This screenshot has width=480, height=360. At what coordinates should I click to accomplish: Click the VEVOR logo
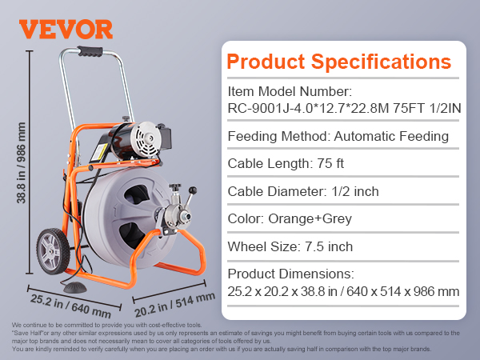(x=66, y=29)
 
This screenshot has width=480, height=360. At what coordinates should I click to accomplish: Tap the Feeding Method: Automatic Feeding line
(x=338, y=136)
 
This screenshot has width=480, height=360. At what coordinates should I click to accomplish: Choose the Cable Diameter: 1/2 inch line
(x=303, y=192)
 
